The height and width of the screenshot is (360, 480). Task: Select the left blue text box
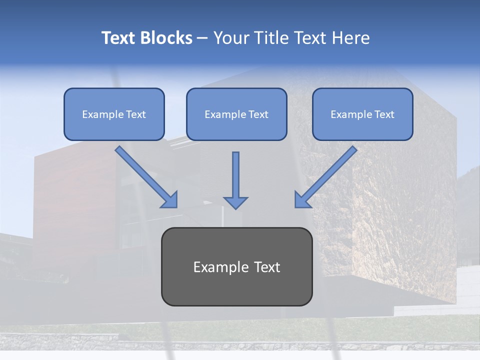[114, 114]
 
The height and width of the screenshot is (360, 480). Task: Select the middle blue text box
[236, 114]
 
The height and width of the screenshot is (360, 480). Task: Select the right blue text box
[362, 114]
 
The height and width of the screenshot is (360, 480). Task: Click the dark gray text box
[236, 266]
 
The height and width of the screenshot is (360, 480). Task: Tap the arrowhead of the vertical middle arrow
[235, 202]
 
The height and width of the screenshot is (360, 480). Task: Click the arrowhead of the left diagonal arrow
[170, 200]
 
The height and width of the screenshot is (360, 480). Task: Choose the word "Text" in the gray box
[267, 267]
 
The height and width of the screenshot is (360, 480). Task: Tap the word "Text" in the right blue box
[384, 114]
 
